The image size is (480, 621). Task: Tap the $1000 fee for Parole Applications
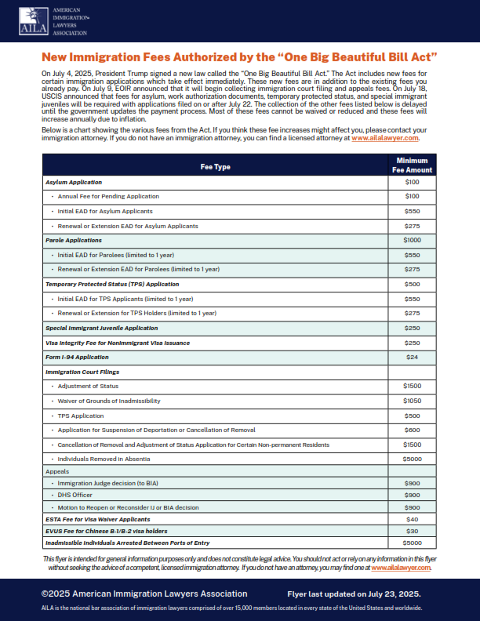point(412,240)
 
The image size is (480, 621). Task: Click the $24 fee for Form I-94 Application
point(412,357)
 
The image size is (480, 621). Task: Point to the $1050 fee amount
point(412,401)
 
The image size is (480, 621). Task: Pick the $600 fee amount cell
point(412,430)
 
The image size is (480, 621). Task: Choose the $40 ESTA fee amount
point(412,518)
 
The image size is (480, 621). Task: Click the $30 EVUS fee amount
point(412,531)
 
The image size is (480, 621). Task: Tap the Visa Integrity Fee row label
point(117,343)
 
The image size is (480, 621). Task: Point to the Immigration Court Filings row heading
point(82,372)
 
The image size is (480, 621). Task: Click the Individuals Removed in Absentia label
point(105,459)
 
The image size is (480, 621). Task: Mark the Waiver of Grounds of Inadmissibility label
point(109,401)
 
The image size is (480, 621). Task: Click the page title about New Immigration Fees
point(239,57)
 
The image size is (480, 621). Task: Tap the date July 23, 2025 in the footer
point(398,594)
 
